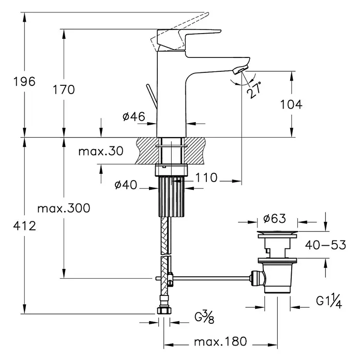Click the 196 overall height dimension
pos(24,82)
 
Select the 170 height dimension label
pos(64,89)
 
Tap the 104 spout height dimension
pos(291,104)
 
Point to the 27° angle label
pos(254,90)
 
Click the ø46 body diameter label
pos(134,116)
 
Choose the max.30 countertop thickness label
pos(101,152)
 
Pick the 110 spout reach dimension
pos(206,177)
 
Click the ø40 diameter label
pos(126,185)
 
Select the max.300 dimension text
pos(64,208)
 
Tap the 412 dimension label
pos(24,226)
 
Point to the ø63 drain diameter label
pos(275,218)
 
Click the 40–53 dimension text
pos(325,245)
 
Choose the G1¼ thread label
pos(329,301)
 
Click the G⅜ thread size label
pos(204,317)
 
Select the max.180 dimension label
pos(220,341)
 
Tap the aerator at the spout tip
pos(241,69)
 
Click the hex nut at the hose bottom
pos(164,311)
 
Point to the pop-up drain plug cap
pos(277,233)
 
